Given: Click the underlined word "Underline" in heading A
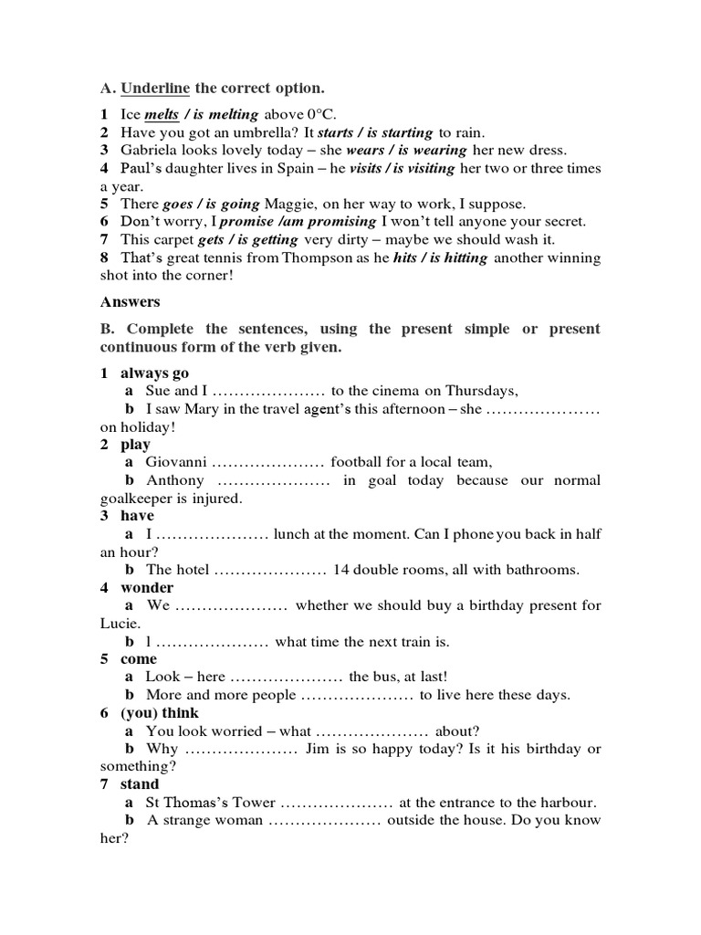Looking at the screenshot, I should (155, 89).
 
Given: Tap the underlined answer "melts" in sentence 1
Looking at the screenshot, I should (162, 115).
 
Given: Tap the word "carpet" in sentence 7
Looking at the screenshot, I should (173, 240).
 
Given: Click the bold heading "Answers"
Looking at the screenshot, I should (131, 301).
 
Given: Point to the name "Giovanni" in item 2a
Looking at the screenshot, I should (176, 463).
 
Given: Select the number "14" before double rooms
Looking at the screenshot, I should (342, 570).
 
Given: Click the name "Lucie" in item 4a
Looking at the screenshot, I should (119, 624).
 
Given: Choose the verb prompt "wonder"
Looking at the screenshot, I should (147, 588).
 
